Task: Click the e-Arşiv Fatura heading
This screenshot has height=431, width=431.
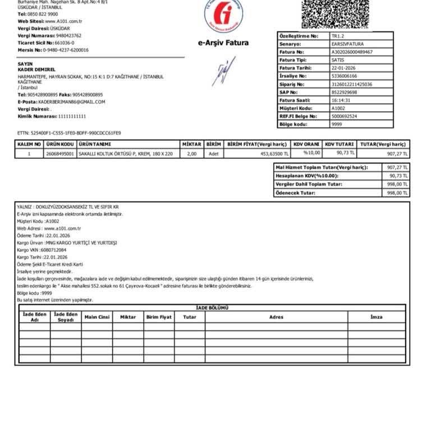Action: [x=223, y=43]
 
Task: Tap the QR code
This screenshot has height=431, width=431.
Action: [x=336, y=14]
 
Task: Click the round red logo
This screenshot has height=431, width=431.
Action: [x=223, y=14]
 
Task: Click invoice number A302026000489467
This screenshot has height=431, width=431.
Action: [x=352, y=52]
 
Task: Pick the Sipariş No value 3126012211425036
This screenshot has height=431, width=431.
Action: [x=352, y=84]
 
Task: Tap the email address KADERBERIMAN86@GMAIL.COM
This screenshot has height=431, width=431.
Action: [x=71, y=102]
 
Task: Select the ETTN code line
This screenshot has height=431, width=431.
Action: [x=69, y=133]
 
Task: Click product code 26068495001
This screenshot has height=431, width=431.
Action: [x=60, y=153]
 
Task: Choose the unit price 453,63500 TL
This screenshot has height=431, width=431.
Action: [x=274, y=153]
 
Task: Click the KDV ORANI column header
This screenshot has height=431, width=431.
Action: [x=306, y=144]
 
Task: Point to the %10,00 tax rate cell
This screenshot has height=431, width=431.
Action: [x=311, y=153]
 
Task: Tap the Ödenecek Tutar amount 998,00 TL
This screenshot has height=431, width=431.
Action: [x=397, y=193]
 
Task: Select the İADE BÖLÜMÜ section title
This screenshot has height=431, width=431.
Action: [x=212, y=308]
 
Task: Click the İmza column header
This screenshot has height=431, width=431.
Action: [x=376, y=317]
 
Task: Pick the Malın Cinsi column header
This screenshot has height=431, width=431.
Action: [x=97, y=317]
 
